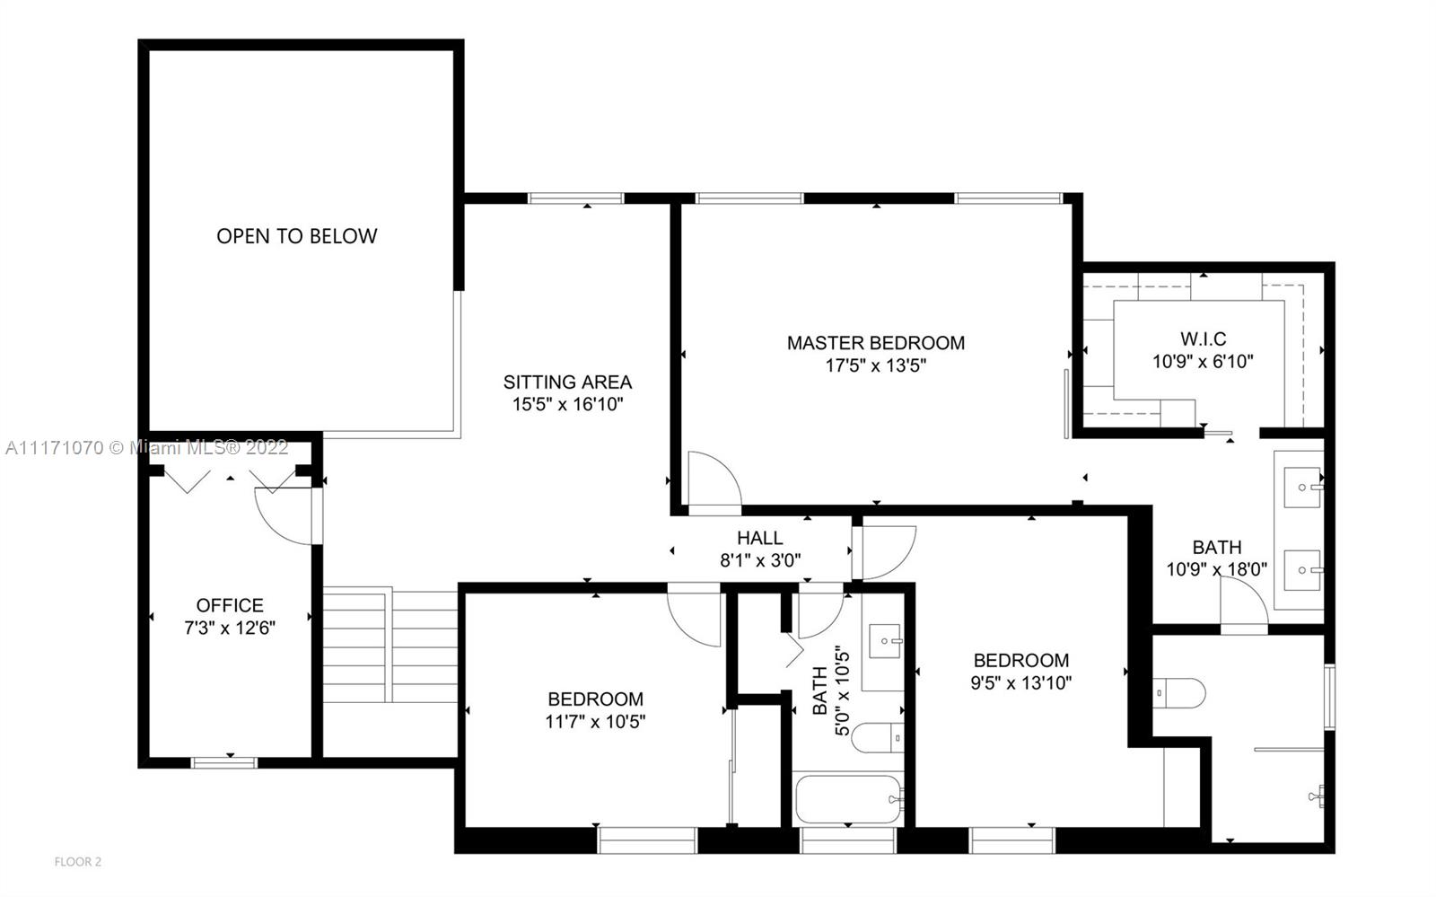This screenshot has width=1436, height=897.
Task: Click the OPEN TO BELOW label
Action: point(297,236)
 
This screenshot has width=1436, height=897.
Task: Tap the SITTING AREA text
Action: point(567,383)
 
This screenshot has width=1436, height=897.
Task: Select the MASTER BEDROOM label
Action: point(876,343)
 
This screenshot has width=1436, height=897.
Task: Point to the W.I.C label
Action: point(1204,339)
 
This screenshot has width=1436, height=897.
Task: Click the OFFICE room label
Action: point(230,605)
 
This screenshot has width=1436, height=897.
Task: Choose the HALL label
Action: point(759,538)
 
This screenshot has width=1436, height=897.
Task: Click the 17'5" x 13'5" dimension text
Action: point(876,365)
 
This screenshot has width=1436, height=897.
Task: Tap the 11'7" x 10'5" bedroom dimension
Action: point(595,722)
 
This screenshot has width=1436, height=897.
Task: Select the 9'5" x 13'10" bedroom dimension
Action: point(1021,682)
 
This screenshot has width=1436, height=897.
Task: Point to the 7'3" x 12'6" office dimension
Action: point(230,628)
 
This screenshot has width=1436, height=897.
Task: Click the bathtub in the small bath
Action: point(848,799)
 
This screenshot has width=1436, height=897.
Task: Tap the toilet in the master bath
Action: point(1179,693)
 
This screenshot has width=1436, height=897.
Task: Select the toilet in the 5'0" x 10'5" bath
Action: point(878,738)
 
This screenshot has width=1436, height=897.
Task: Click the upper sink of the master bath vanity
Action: point(1302,488)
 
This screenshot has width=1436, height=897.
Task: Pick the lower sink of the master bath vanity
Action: point(1302,570)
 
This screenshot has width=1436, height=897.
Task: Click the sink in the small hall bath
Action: point(885,640)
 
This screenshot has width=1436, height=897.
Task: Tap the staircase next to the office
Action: point(390,645)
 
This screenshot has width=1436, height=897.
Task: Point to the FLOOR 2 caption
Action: point(77,862)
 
